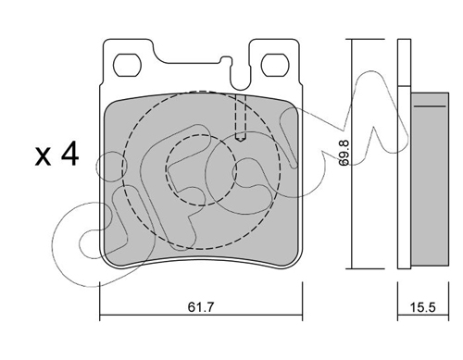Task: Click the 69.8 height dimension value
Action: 344,153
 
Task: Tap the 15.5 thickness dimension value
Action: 423,307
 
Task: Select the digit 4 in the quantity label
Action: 69,155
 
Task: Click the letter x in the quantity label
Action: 43,157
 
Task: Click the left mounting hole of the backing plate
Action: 127,65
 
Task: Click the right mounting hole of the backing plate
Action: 275,65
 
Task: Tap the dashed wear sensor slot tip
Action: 241,139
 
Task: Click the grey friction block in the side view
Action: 430,179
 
